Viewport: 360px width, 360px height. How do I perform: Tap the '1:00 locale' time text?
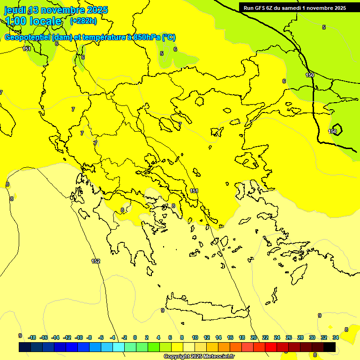tap(33, 21)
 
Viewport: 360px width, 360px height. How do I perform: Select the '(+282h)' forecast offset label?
tap(83, 21)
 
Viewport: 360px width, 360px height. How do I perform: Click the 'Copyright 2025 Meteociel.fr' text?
tap(199, 356)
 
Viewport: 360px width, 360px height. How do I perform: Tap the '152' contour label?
tap(96, 261)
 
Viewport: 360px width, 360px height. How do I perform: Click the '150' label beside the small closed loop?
tap(332, 131)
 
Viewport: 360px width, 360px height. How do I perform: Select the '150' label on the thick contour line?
tap(310, 75)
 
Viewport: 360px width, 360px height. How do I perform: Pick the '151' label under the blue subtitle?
tap(27, 49)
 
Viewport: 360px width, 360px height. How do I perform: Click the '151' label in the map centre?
tap(194, 191)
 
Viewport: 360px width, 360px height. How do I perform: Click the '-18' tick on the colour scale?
tap(32, 337)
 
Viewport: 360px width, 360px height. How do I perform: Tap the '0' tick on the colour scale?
tap(135, 337)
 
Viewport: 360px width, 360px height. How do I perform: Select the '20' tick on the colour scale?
tap(254, 337)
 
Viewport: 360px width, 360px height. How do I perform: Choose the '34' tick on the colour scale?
tap(336, 337)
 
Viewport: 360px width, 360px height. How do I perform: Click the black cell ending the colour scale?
tap(330, 347)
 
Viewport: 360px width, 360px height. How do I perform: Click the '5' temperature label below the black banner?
tap(323, 28)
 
